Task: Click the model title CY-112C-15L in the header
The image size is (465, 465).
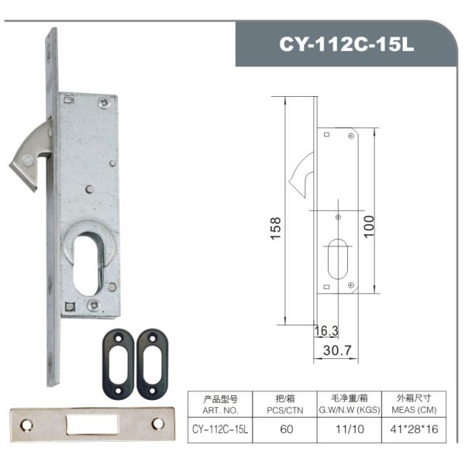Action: (x=347, y=44)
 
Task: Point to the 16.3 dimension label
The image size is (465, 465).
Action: (x=325, y=331)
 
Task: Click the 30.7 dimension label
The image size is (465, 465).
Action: (x=337, y=350)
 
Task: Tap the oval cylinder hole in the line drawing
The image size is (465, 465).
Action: (x=337, y=259)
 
